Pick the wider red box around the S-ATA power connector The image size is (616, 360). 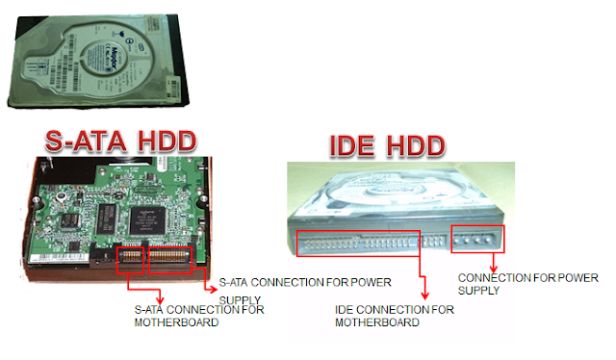pyautogui.click(x=170, y=258)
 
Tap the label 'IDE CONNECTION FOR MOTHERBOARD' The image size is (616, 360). pyautogui.click(x=395, y=316)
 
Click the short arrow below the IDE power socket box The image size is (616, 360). pyautogui.click(x=494, y=262)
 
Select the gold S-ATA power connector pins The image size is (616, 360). pyautogui.click(x=170, y=258)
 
